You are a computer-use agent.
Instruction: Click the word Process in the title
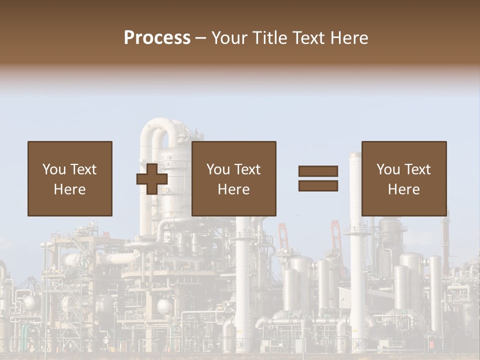[157, 38]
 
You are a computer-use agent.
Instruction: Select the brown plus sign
[152, 179]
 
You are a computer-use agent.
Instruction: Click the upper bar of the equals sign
[318, 171]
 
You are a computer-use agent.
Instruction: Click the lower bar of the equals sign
[318, 186]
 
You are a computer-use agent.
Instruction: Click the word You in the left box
[54, 169]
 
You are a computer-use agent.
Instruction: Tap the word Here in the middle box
[234, 189]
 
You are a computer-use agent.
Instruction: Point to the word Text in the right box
[417, 169]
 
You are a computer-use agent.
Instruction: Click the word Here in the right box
[404, 189]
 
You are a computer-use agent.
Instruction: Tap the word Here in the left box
[70, 189]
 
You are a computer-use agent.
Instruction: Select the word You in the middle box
[218, 169]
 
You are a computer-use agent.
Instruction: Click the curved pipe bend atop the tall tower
[160, 126]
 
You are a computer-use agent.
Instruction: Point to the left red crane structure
[283, 235]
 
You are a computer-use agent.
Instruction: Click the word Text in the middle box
[247, 169]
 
